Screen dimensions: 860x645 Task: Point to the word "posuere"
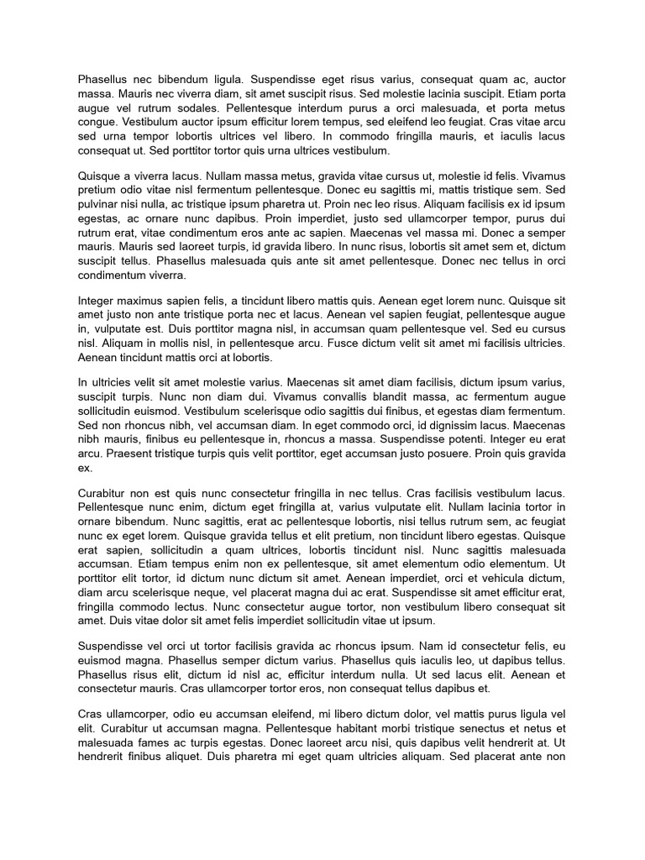click(465, 454)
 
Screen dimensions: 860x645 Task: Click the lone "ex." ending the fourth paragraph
click(85, 468)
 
